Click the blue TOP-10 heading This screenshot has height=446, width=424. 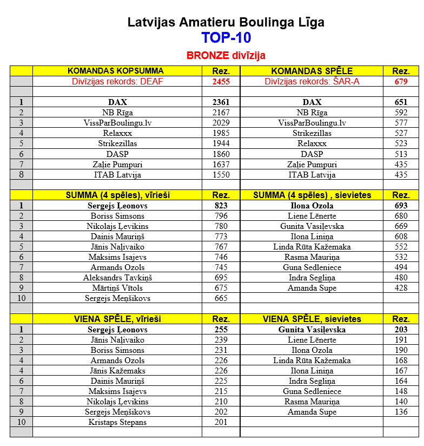pos(226,38)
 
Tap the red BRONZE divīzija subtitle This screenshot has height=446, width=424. pos(226,56)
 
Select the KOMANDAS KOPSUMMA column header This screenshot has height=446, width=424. pos(115,71)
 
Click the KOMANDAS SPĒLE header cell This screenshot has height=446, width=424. pos(312,71)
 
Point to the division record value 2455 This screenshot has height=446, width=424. pos(221,81)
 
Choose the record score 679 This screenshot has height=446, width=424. pos(401,81)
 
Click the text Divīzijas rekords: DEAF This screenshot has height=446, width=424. pos(117,81)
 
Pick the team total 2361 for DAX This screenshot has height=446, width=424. pos(221,102)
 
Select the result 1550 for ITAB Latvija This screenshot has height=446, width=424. pos(221,174)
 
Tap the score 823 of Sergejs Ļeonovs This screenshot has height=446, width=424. pos(221,206)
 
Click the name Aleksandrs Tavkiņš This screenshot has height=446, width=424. pos(117,278)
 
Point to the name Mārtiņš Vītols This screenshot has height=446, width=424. pos(117,288)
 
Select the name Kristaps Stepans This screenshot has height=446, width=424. pos(117,422)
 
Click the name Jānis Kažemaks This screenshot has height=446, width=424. pos(117,371)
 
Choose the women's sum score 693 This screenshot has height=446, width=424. pos(401,206)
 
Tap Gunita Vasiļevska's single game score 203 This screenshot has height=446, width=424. pos(401,330)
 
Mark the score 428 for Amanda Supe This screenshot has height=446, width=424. pos(401,288)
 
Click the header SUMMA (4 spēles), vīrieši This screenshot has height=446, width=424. pos(117,195)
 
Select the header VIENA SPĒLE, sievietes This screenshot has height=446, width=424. pos(312,319)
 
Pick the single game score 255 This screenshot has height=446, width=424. pos(221,330)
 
